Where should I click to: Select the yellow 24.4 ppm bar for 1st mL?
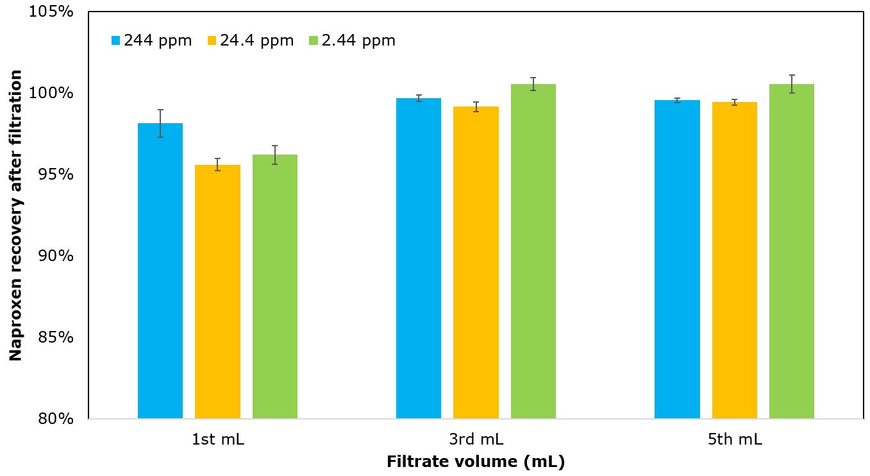(217, 292)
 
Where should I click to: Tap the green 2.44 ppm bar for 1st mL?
(274, 287)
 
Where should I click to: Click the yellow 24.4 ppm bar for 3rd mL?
(476, 262)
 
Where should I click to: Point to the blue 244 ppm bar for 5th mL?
(677, 259)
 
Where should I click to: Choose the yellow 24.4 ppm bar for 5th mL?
(734, 260)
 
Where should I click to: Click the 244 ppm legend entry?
(151, 40)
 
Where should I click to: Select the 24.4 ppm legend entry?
(251, 40)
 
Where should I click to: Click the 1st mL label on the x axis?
(217, 439)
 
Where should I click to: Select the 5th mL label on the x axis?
(734, 439)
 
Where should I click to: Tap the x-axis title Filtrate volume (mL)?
(476, 462)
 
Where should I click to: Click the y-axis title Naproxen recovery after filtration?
(16, 215)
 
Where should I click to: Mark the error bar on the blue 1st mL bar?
(160, 123)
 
